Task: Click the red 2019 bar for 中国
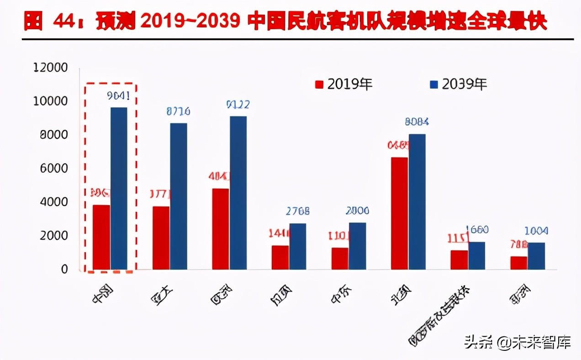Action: (101, 237)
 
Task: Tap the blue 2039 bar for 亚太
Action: (179, 196)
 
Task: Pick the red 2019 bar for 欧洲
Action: (221, 229)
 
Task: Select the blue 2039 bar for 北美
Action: (417, 201)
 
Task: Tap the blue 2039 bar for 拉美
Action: (298, 246)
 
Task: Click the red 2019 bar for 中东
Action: (340, 259)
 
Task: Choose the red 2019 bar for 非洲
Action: (519, 263)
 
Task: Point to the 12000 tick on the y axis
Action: (51, 68)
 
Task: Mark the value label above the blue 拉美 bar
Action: (298, 211)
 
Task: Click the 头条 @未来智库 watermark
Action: (517, 342)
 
